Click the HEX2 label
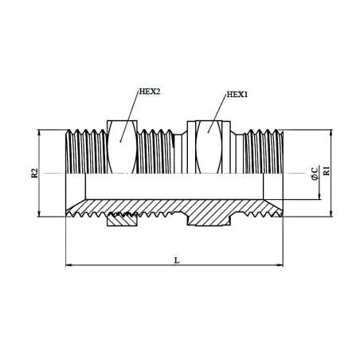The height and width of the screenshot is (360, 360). [150, 92]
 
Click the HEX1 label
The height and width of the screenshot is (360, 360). [237, 95]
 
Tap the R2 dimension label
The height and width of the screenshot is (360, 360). [35, 173]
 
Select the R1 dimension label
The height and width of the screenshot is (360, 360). [327, 170]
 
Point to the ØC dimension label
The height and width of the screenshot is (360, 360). [315, 174]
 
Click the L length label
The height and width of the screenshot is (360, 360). [177, 260]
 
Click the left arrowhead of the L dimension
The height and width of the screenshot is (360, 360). [68, 265]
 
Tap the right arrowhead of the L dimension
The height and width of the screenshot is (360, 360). [280, 265]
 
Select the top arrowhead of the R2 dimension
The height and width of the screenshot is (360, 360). [39, 133]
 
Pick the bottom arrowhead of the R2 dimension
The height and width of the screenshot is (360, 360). [39, 213]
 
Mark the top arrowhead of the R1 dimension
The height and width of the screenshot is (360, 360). [331, 133]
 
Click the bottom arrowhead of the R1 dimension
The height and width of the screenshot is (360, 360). [331, 213]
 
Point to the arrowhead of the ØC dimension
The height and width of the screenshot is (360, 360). [319, 196]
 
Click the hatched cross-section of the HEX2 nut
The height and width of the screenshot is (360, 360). [122, 220]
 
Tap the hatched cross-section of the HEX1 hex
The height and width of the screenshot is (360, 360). [209, 218]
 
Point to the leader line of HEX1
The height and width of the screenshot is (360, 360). [217, 113]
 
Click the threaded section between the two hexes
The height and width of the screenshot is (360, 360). [156, 151]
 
